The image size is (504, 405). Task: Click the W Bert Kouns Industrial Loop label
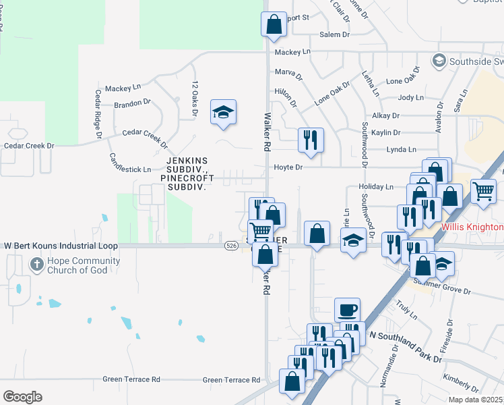click(x=61, y=246)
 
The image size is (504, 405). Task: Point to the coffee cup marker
click(x=347, y=310)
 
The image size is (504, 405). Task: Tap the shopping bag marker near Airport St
click(x=274, y=24)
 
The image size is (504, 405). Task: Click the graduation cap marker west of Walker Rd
click(x=223, y=112)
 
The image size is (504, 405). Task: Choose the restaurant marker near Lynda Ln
click(x=311, y=140)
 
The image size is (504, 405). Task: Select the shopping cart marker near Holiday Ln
click(x=483, y=191)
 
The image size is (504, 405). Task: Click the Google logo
click(x=22, y=396)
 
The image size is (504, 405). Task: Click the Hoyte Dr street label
click(x=288, y=167)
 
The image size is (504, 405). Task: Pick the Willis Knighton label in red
click(x=472, y=227)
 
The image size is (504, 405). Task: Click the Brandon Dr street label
click(x=132, y=103)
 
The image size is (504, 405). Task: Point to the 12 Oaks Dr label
click(x=195, y=99)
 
